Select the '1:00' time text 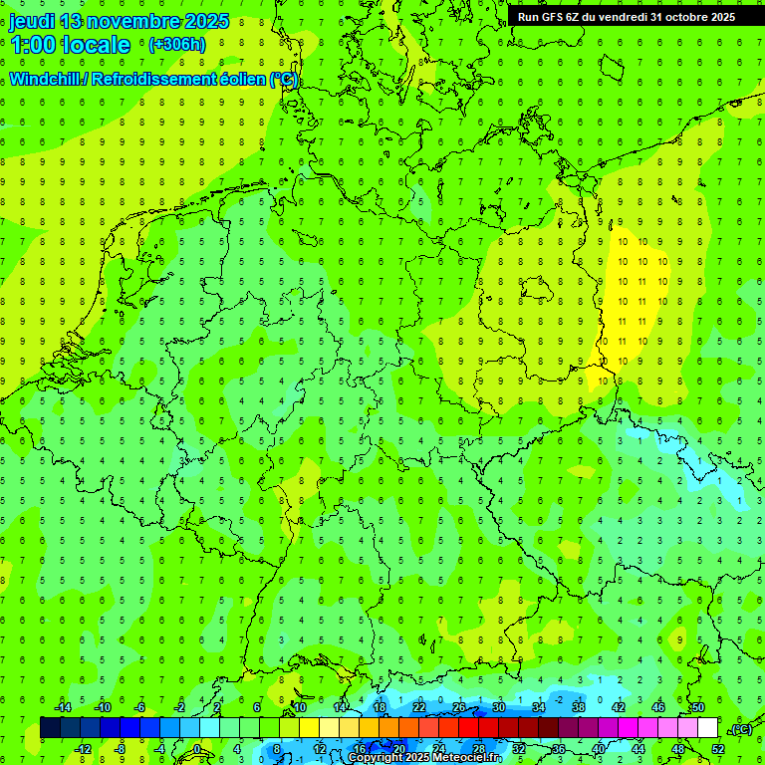[32, 45]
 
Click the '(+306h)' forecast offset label [177, 45]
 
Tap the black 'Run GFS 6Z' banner [626, 17]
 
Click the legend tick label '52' [718, 749]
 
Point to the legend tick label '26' [459, 707]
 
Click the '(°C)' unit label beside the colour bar [741, 729]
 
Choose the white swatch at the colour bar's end [707, 728]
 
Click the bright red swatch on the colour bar [468, 728]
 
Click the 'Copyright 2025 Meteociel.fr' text [424, 758]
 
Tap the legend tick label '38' [579, 707]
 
